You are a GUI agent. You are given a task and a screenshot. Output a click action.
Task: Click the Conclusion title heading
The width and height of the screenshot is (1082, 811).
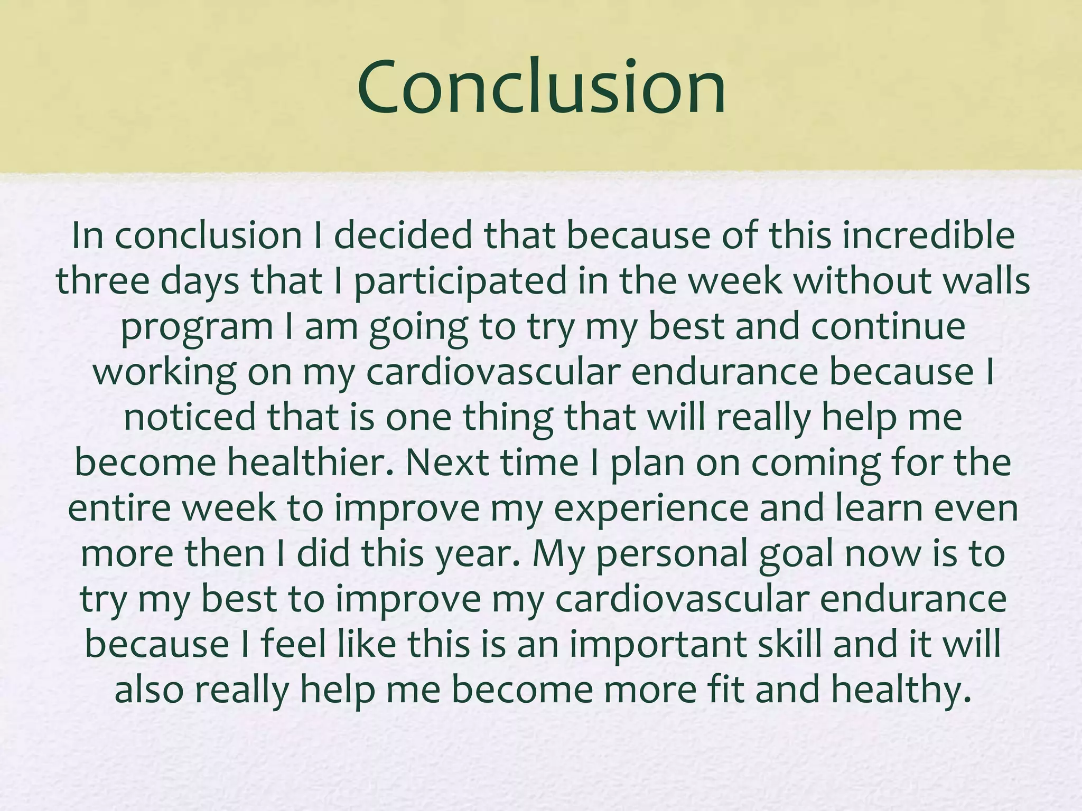(541, 87)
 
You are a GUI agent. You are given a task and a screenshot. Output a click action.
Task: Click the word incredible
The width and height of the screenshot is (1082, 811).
(928, 235)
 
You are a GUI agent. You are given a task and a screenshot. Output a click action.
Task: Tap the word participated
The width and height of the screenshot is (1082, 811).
(460, 281)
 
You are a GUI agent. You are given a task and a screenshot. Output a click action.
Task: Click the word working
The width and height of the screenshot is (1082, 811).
(164, 373)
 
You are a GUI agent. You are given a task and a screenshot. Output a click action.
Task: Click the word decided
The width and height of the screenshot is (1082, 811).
(403, 235)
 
